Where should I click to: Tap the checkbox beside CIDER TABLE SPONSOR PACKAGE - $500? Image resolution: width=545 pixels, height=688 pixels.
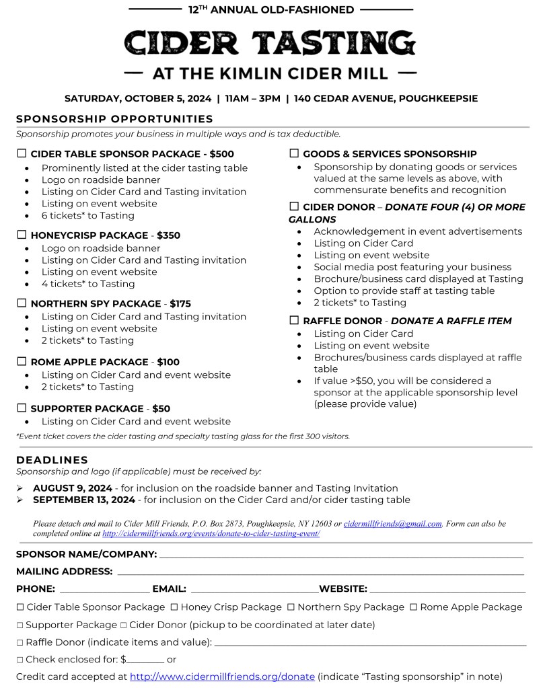(x=22, y=154)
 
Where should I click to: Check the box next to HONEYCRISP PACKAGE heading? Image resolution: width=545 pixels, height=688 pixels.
(x=22, y=235)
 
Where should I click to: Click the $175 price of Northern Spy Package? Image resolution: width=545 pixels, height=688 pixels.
(x=180, y=304)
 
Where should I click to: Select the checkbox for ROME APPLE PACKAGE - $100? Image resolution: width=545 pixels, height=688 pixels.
(x=22, y=362)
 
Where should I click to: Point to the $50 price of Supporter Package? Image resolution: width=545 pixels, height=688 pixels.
(x=161, y=409)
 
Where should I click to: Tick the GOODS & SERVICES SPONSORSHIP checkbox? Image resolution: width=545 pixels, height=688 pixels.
(x=294, y=154)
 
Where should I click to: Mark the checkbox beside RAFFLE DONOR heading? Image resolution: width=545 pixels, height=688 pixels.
(x=294, y=321)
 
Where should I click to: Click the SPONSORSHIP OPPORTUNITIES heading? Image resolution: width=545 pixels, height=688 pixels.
(x=114, y=119)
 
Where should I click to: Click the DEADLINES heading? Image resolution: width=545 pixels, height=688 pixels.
(x=52, y=460)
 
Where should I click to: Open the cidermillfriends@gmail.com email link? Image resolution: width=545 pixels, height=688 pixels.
(x=392, y=523)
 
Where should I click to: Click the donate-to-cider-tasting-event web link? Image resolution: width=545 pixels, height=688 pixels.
(x=211, y=533)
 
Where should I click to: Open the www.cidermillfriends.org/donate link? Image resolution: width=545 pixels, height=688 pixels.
(x=222, y=677)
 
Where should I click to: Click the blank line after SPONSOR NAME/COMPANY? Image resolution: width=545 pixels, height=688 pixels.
(x=340, y=556)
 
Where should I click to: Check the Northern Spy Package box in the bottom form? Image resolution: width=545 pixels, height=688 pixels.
(x=291, y=607)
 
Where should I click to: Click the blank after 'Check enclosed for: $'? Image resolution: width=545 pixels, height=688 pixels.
(x=147, y=660)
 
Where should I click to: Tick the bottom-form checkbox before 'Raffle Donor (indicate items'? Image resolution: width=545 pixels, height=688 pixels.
(x=20, y=643)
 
